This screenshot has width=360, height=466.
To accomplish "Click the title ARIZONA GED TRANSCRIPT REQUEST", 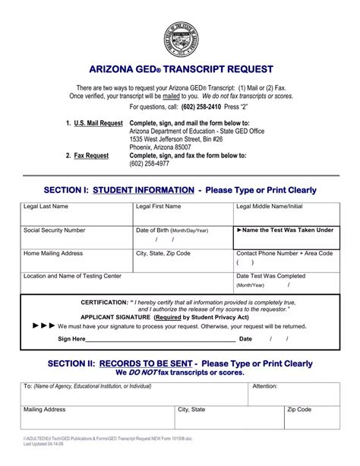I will [x=180, y=68].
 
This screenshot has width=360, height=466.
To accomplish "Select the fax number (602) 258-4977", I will [x=150, y=163].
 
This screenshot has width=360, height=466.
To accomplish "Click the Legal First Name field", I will [x=182, y=214].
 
